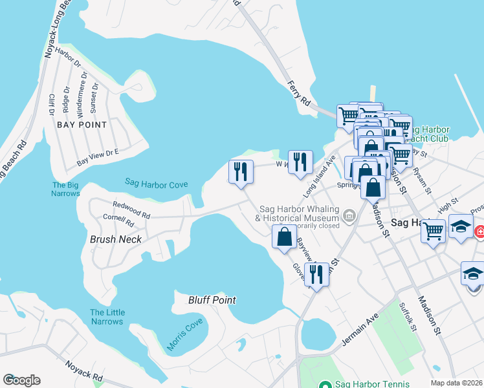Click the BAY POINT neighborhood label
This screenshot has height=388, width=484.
pos(81,124)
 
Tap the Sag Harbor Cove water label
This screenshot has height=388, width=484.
pos(157,184)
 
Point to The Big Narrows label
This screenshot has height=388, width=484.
pos(66,189)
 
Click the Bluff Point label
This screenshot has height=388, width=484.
pos(212,300)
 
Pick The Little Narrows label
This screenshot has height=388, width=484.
pos(107,317)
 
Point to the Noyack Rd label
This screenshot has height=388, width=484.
pos(84,371)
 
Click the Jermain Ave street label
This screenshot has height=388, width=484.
pos(360,329)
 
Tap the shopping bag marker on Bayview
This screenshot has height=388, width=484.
pos(285,237)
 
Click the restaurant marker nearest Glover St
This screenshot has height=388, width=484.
pos(316,274)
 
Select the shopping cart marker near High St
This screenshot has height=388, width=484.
pos(433,230)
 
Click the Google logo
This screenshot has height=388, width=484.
pos(21,380)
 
